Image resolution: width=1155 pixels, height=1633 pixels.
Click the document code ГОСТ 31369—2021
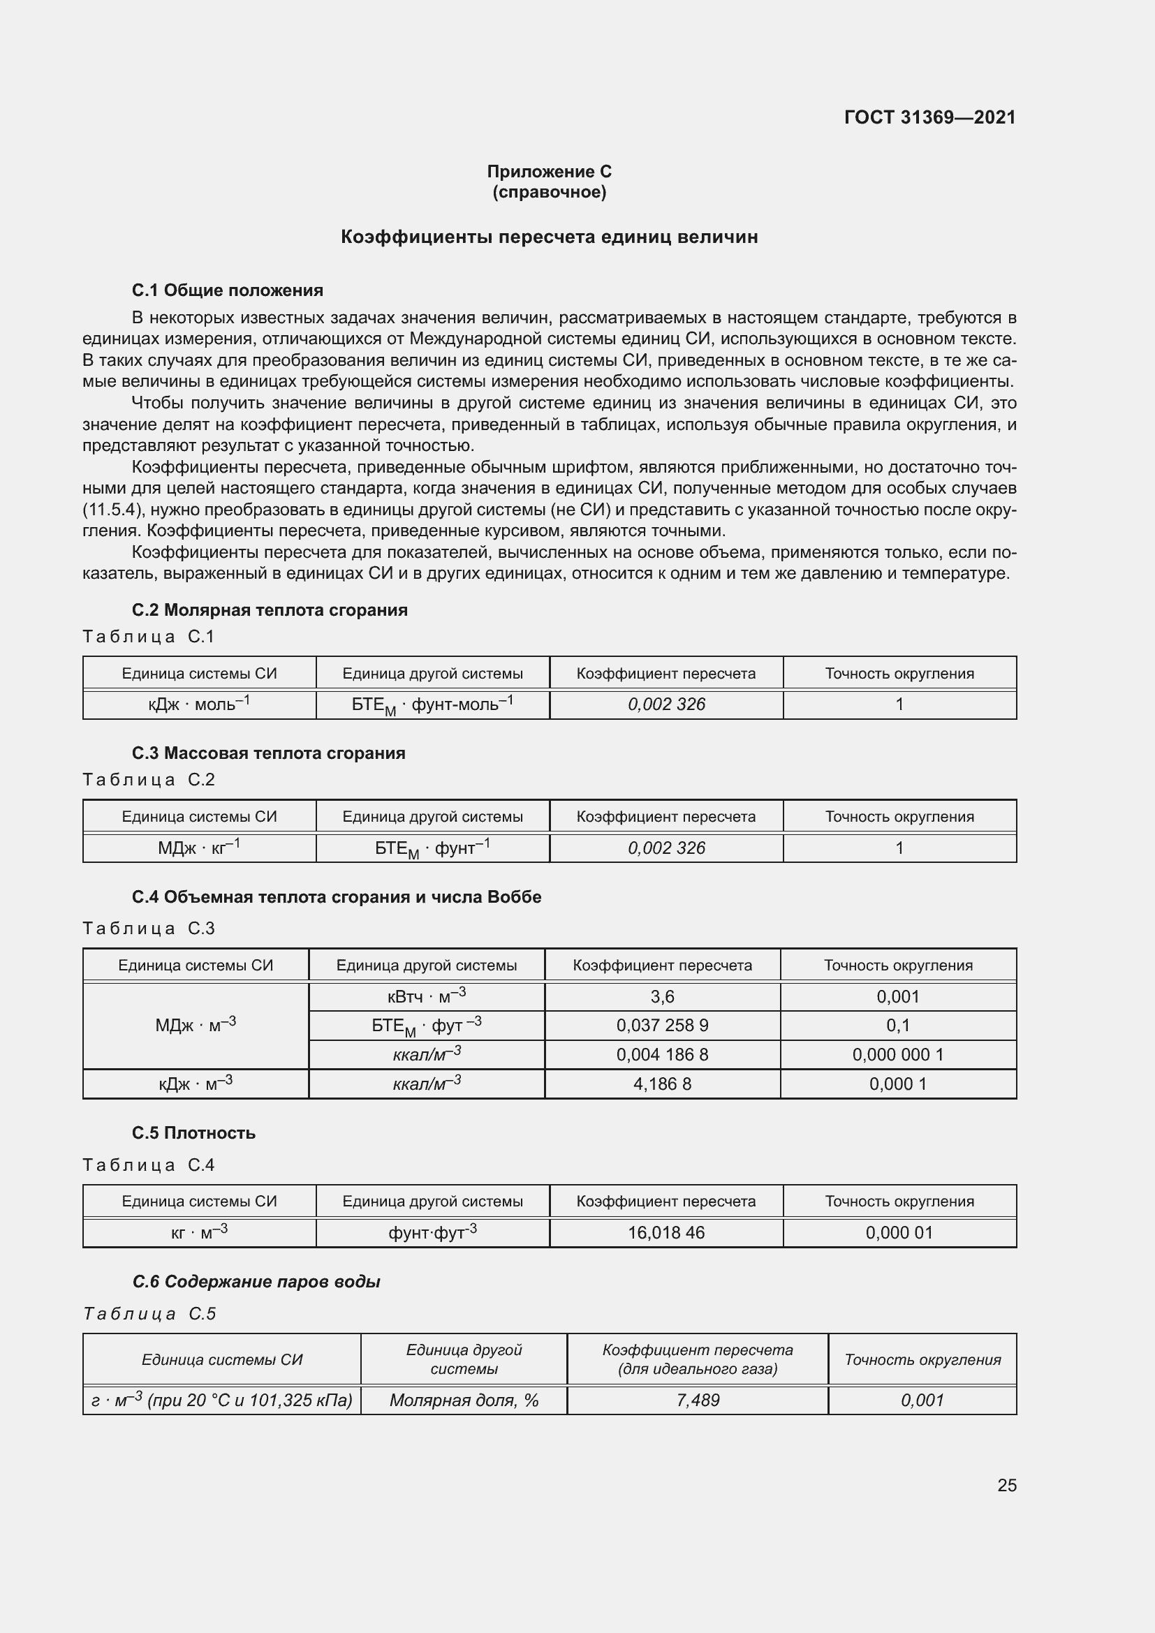pyautogui.click(x=929, y=117)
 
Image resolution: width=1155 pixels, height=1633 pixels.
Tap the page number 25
pyautogui.click(x=1006, y=1485)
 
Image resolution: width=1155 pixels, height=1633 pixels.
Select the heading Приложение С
pyautogui.click(x=549, y=172)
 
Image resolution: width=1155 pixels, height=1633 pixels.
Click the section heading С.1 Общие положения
pyautogui.click(x=228, y=290)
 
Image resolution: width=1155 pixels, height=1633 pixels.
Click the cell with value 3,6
pyautogui.click(x=662, y=996)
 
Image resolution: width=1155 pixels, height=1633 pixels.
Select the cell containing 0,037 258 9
pyautogui.click(x=662, y=1025)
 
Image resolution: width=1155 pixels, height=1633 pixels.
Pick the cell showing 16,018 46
pyautogui.click(x=665, y=1232)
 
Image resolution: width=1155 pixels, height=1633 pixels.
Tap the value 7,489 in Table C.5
pyautogui.click(x=698, y=1400)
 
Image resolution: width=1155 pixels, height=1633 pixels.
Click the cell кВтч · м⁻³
pyautogui.click(x=427, y=996)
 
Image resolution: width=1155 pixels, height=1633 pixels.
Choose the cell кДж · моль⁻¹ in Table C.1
pyautogui.click(x=199, y=704)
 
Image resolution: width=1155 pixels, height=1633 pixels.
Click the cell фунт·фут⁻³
pyautogui.click(x=432, y=1232)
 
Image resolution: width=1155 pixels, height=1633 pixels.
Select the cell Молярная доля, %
pyautogui.click(x=464, y=1400)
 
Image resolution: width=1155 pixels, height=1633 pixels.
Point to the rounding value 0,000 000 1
pyautogui.click(x=897, y=1054)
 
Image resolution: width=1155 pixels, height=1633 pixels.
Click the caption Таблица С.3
pyautogui.click(x=149, y=928)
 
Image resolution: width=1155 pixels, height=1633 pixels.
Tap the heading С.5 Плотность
pyautogui.click(x=193, y=1132)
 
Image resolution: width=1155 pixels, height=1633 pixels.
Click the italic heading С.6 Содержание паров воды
pyautogui.click(x=256, y=1282)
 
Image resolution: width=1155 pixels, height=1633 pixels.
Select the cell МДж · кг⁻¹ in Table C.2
pyautogui.click(x=199, y=847)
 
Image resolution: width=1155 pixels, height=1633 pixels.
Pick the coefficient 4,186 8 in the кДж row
pyautogui.click(x=662, y=1084)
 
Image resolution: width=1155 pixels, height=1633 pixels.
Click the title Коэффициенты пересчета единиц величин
pyautogui.click(x=549, y=237)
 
